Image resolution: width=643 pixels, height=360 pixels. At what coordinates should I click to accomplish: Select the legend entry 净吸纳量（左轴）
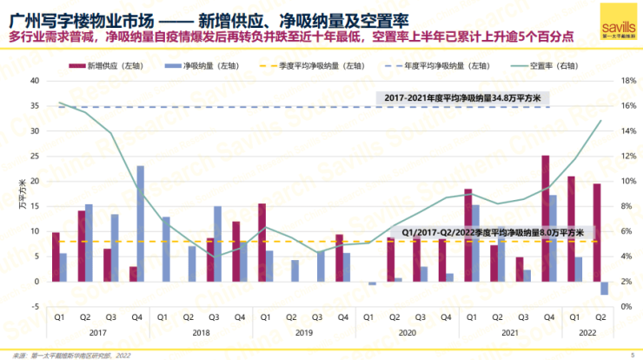click(189, 66)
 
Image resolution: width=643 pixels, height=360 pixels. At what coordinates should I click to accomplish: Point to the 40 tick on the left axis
click(35, 81)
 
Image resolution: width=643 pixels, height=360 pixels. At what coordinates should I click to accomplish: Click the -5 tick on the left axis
click(35, 307)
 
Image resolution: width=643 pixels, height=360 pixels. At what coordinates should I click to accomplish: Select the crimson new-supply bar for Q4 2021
click(545, 218)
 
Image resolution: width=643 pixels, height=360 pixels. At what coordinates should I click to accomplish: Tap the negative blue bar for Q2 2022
click(603, 289)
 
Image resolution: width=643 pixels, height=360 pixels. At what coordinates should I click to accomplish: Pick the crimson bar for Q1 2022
click(571, 229)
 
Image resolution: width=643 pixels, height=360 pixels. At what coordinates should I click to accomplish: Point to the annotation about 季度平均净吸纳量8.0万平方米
click(492, 233)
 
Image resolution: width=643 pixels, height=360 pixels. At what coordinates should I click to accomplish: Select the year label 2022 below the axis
click(587, 333)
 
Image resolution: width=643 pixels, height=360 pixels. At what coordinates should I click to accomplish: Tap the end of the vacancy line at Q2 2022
click(600, 121)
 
